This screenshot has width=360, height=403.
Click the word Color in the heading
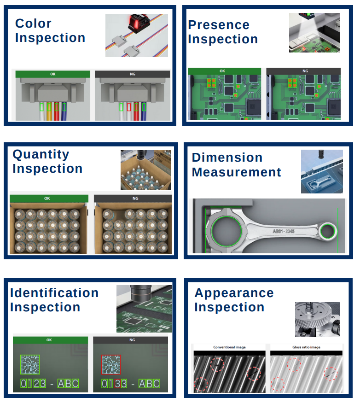pos(33,23)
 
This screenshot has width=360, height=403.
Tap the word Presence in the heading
pos(219,25)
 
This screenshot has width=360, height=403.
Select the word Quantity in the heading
pos(41,155)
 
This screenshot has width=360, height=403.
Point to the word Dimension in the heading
pos(227,158)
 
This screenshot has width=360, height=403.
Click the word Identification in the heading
pos(54,293)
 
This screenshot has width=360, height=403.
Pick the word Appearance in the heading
pos(234,293)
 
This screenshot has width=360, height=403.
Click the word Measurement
pos(237,172)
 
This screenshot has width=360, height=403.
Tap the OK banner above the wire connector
pos(52,74)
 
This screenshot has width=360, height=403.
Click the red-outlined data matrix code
pos(111,364)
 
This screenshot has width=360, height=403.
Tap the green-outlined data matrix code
pos(30,364)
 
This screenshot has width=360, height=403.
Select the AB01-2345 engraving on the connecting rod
pos(284,231)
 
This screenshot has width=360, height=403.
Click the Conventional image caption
pos(229,347)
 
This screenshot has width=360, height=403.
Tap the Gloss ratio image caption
pos(306,347)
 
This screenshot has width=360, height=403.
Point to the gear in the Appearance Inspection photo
pos(314,315)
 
